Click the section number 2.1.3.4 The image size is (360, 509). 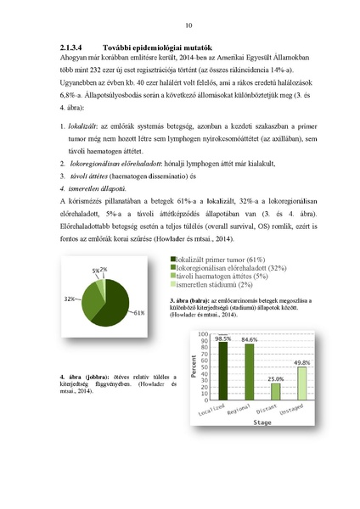pos(76,48)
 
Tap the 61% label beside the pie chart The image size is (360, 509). pos(139,313)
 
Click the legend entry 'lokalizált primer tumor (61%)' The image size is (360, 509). pos(219,257)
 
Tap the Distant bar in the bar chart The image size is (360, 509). pos(275,391)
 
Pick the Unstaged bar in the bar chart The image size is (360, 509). pos(301,383)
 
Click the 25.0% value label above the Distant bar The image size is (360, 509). pos(275,378)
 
